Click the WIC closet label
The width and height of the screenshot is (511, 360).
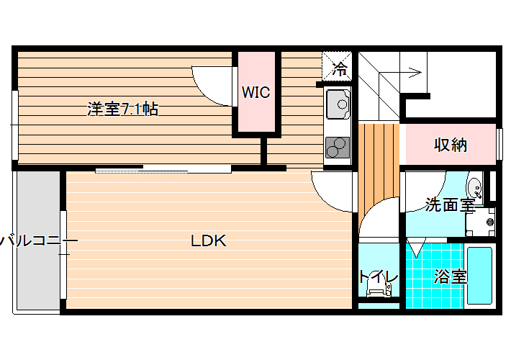click(256, 92)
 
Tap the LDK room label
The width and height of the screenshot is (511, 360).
click(209, 240)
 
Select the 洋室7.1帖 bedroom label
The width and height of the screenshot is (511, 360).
click(122, 109)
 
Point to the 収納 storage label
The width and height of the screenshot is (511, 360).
click(451, 145)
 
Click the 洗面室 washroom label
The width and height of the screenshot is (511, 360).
click(450, 204)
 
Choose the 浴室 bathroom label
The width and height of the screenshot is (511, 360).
click(451, 276)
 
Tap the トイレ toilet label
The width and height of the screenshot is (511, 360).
click(379, 277)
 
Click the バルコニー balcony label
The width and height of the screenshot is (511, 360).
click(38, 241)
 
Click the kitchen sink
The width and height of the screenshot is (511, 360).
click(338, 104)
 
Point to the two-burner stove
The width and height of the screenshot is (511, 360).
click(338, 148)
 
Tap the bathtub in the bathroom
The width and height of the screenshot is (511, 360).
click(479, 276)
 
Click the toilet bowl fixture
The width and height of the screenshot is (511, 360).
click(379, 289)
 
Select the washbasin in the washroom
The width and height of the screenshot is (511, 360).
click(474, 188)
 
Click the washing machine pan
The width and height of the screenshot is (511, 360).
click(480, 222)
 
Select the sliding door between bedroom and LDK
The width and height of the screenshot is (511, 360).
click(163, 169)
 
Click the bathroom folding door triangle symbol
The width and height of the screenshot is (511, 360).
click(416, 248)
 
